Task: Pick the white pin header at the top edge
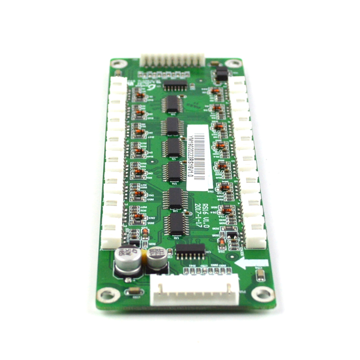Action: [172, 60]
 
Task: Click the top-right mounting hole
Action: [234, 63]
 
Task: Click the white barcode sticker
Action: [198, 157]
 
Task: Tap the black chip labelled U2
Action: [176, 225]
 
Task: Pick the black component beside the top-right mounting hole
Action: [221, 74]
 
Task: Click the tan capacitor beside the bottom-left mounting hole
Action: [134, 292]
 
